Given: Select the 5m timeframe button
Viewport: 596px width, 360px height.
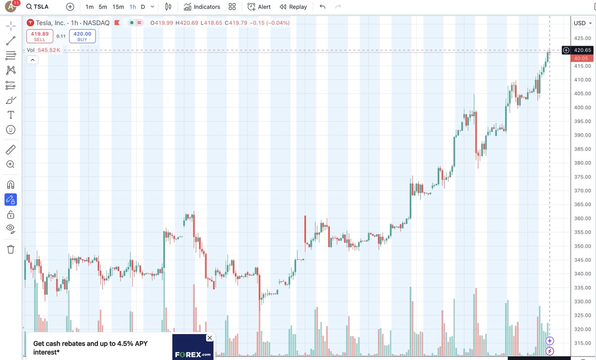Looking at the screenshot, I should coord(102,7).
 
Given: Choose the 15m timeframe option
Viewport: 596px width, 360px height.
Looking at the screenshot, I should coord(118,7).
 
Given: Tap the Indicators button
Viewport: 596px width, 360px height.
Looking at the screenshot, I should coord(202,7).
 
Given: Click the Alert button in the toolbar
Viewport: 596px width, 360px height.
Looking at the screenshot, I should coord(259,7).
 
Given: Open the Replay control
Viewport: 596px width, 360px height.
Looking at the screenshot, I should coord(293,7).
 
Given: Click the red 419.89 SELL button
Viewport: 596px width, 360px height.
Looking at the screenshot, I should coord(39,36).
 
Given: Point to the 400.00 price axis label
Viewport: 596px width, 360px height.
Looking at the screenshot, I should coord(582,107).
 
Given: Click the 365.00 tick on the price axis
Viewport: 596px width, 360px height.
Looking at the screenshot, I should coord(582,205).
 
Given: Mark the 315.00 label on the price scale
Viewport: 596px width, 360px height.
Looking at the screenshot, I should coord(582,343).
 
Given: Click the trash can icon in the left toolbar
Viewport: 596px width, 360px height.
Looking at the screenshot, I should coord(10,249).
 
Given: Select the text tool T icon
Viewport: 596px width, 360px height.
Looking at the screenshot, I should coord(10,115).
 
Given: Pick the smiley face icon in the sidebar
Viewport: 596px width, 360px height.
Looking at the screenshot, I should coord(10,130).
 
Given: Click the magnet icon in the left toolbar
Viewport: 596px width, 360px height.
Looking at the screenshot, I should coord(10,185).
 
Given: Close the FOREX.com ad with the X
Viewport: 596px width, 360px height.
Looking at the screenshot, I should coord(210,338).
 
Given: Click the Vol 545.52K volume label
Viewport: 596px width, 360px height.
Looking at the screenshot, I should coord(44,50).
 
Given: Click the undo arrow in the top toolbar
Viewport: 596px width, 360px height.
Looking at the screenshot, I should coord(322,7).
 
